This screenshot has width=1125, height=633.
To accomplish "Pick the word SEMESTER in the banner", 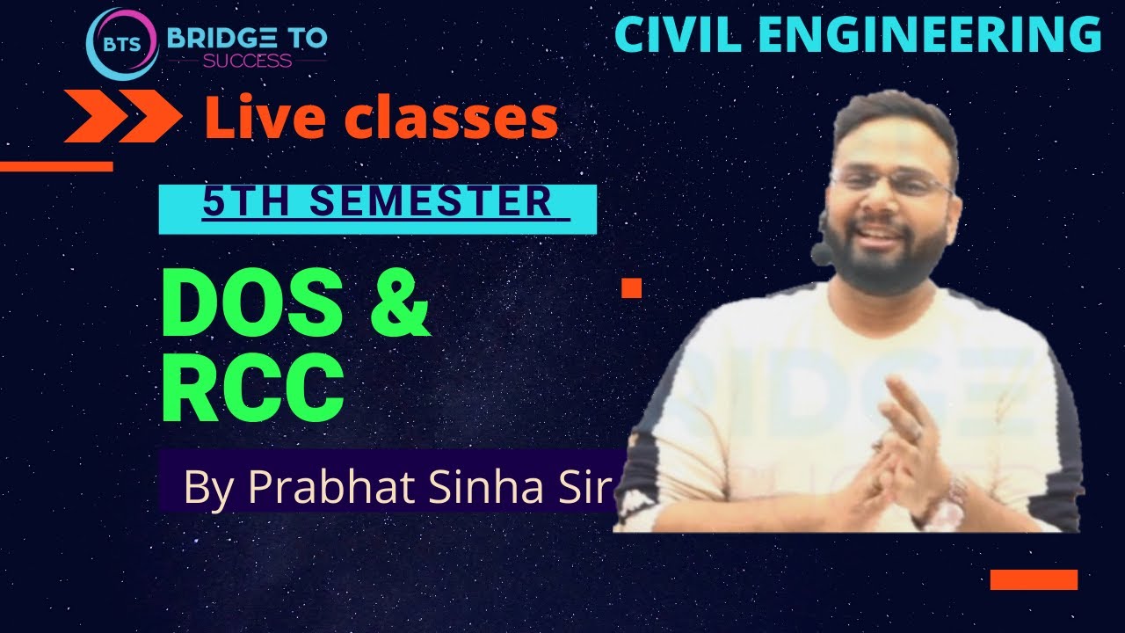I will pos(431,202).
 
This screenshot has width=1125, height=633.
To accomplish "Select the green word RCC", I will pos(252,389).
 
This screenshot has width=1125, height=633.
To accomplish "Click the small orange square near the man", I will pos(631,287).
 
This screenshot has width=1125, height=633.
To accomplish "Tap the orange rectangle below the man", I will pos(1034,579).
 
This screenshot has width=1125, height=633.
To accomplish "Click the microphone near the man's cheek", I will pos(822,254).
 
